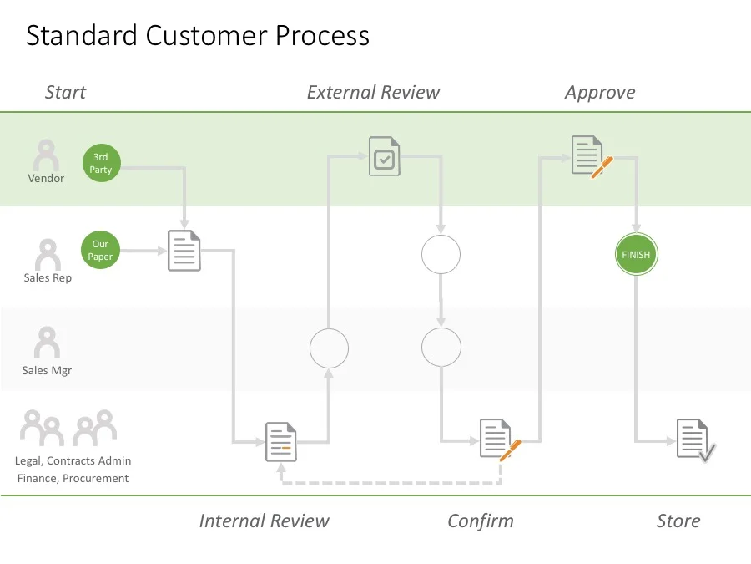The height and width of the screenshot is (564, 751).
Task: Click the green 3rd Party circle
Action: (101, 163)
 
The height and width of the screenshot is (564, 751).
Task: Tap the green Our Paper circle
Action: (100, 251)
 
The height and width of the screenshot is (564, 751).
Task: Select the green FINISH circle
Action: (637, 254)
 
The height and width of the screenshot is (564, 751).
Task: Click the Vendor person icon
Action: (46, 156)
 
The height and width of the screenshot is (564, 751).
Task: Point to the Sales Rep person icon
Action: (48, 255)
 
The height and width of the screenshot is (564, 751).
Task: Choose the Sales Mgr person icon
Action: (47, 343)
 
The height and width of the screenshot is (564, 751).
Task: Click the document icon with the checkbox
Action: (385, 156)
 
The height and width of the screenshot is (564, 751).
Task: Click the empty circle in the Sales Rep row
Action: (441, 254)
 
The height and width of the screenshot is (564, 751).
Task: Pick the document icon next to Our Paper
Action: (184, 251)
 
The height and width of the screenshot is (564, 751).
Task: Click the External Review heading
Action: (373, 92)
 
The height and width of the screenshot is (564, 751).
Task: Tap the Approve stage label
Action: (600, 92)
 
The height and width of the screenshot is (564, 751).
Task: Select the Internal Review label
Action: (264, 521)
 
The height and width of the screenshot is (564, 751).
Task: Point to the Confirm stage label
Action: (481, 521)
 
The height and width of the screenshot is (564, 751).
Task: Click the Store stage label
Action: (678, 521)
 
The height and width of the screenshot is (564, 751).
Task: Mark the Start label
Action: (65, 92)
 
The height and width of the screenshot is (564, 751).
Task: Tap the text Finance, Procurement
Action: (73, 478)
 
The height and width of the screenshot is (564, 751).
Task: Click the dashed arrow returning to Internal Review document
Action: (392, 483)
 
